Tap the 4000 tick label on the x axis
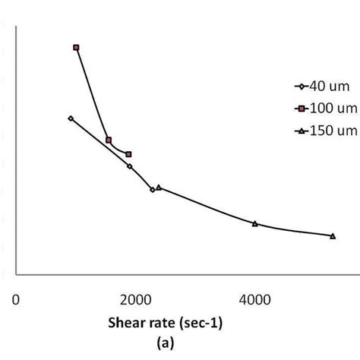point(254,298)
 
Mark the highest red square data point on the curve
point(76,47)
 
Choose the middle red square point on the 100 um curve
point(109,140)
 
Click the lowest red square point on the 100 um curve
point(128,154)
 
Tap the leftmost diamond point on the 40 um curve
point(71,118)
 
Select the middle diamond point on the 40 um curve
point(130,166)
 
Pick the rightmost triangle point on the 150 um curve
point(333,236)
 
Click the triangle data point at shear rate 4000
point(254,223)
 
